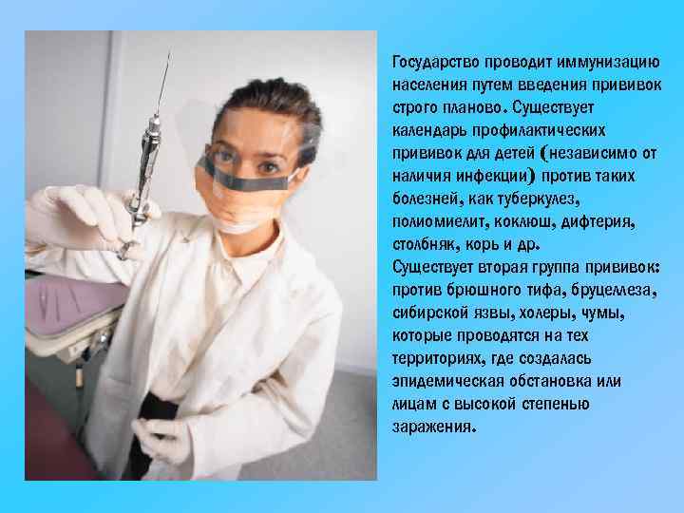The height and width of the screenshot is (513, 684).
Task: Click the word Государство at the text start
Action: [433, 62]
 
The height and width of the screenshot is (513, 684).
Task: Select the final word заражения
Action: [429, 427]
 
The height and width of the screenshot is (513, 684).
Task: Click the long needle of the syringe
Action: [163, 85]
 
